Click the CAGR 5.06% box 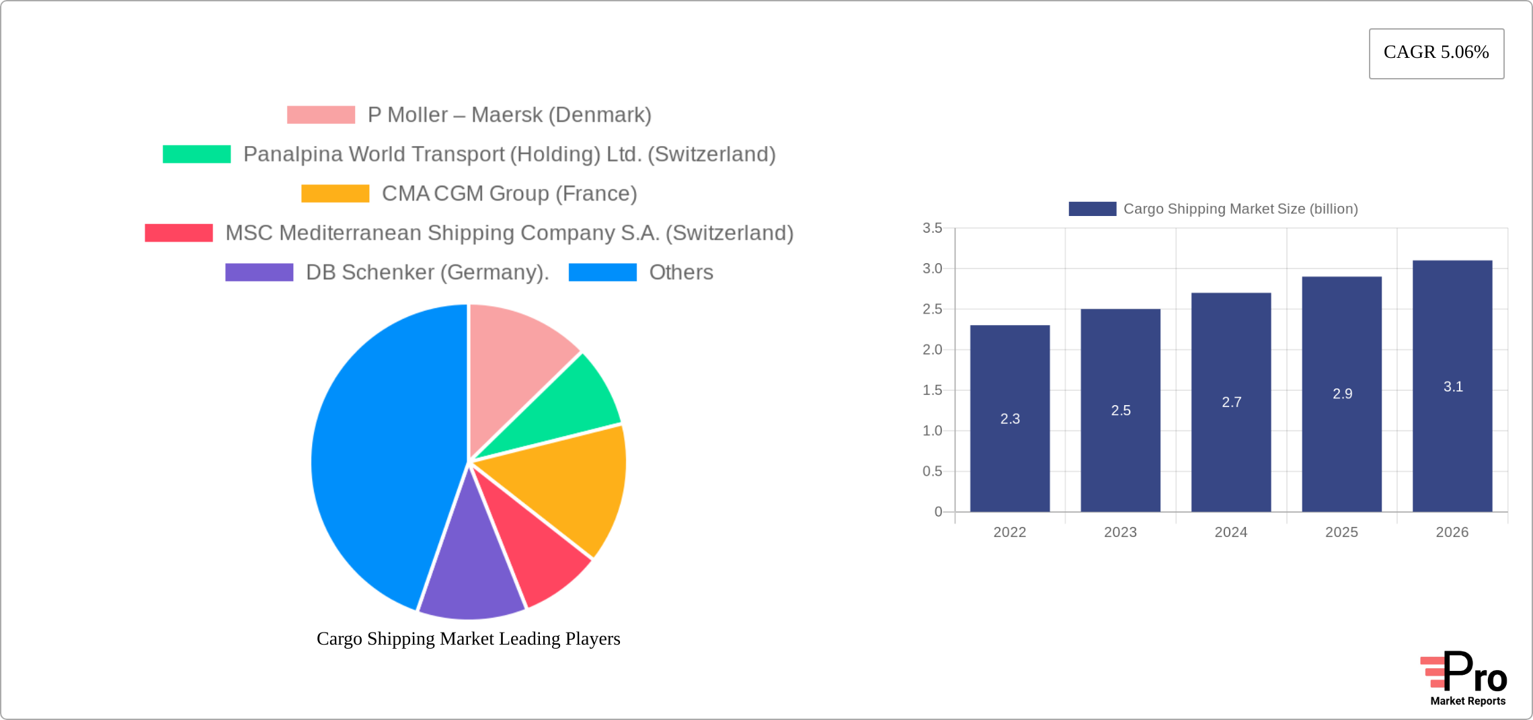pyautogui.click(x=1436, y=53)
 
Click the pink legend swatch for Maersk pyautogui.click(x=321, y=115)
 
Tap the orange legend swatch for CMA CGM pyautogui.click(x=335, y=194)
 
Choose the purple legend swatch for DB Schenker pyautogui.click(x=259, y=273)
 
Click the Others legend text pyautogui.click(x=680, y=273)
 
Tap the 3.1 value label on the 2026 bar pyautogui.click(x=1453, y=387)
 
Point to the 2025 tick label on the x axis pyautogui.click(x=1341, y=532)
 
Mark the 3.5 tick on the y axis pyautogui.click(x=932, y=228)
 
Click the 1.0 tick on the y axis pyautogui.click(x=932, y=431)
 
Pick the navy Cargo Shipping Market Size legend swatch pyautogui.click(x=1092, y=209)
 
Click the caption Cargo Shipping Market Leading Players pyautogui.click(x=468, y=639)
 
